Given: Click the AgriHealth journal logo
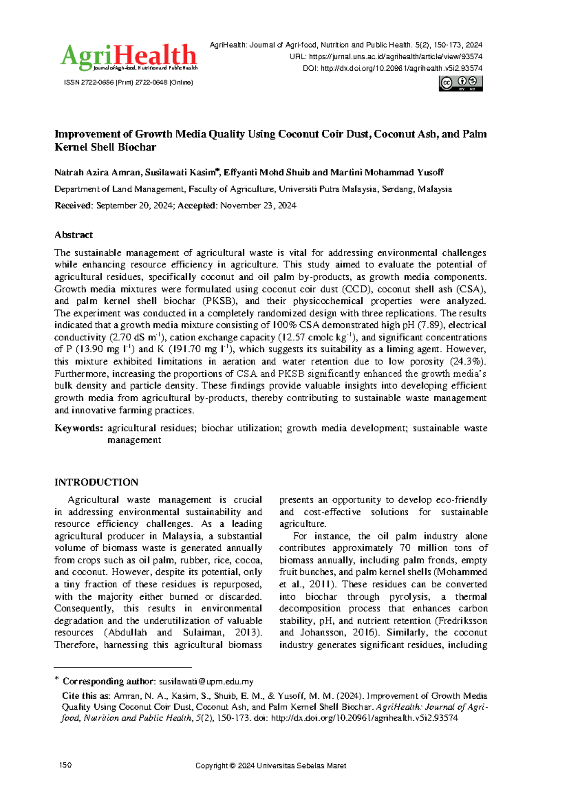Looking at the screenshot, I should (x=128, y=57).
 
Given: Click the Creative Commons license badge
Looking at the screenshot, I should (x=460, y=83).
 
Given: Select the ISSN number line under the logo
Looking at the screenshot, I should (x=128, y=82).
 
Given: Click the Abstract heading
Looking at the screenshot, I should (x=73, y=235).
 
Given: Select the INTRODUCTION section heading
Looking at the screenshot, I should (x=96, y=482).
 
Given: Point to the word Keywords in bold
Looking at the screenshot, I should (x=78, y=428).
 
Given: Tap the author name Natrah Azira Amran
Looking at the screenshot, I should (x=98, y=172).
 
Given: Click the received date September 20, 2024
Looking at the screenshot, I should (x=135, y=205).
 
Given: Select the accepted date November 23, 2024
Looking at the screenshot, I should (x=258, y=205).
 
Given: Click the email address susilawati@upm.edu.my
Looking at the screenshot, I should (x=206, y=682).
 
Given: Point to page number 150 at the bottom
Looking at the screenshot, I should (x=65, y=766).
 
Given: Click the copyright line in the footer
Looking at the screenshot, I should (x=271, y=766).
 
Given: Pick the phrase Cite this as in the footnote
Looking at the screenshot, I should (x=86, y=696).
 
